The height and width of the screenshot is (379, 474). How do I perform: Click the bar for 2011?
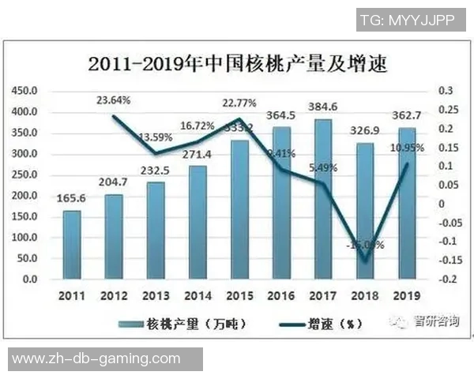click(x=71, y=245)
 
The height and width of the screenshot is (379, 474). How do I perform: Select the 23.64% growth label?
click(x=114, y=100)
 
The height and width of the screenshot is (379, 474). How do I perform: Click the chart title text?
click(x=237, y=63)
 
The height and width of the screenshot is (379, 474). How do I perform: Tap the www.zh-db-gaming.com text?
click(x=96, y=358)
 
